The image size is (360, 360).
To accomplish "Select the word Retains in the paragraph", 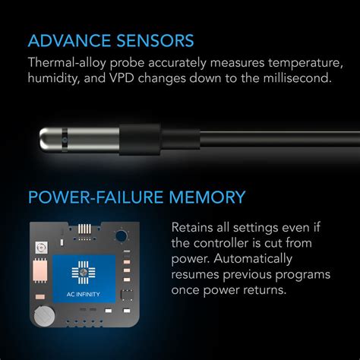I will (194, 227).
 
